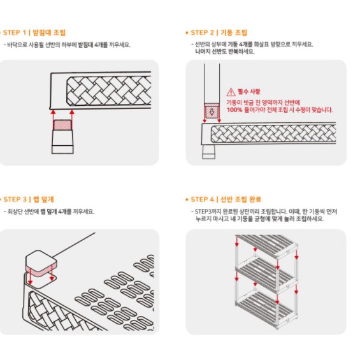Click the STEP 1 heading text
click(34, 32)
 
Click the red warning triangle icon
click(231, 92)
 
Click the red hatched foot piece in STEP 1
click(62, 126)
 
